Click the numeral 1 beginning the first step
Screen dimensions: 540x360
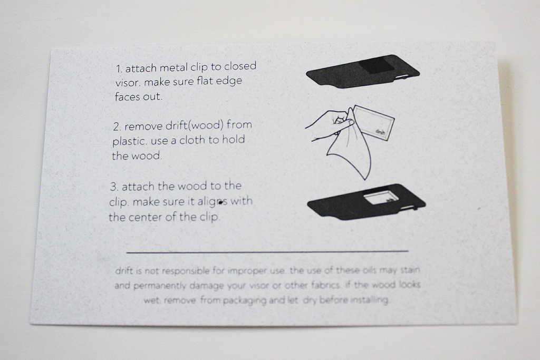point(119,69)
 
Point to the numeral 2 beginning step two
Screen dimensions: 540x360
point(117,127)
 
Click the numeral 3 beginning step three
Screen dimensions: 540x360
point(114,187)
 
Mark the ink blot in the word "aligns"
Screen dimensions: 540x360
point(220,203)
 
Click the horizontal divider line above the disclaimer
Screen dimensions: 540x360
point(267,251)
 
